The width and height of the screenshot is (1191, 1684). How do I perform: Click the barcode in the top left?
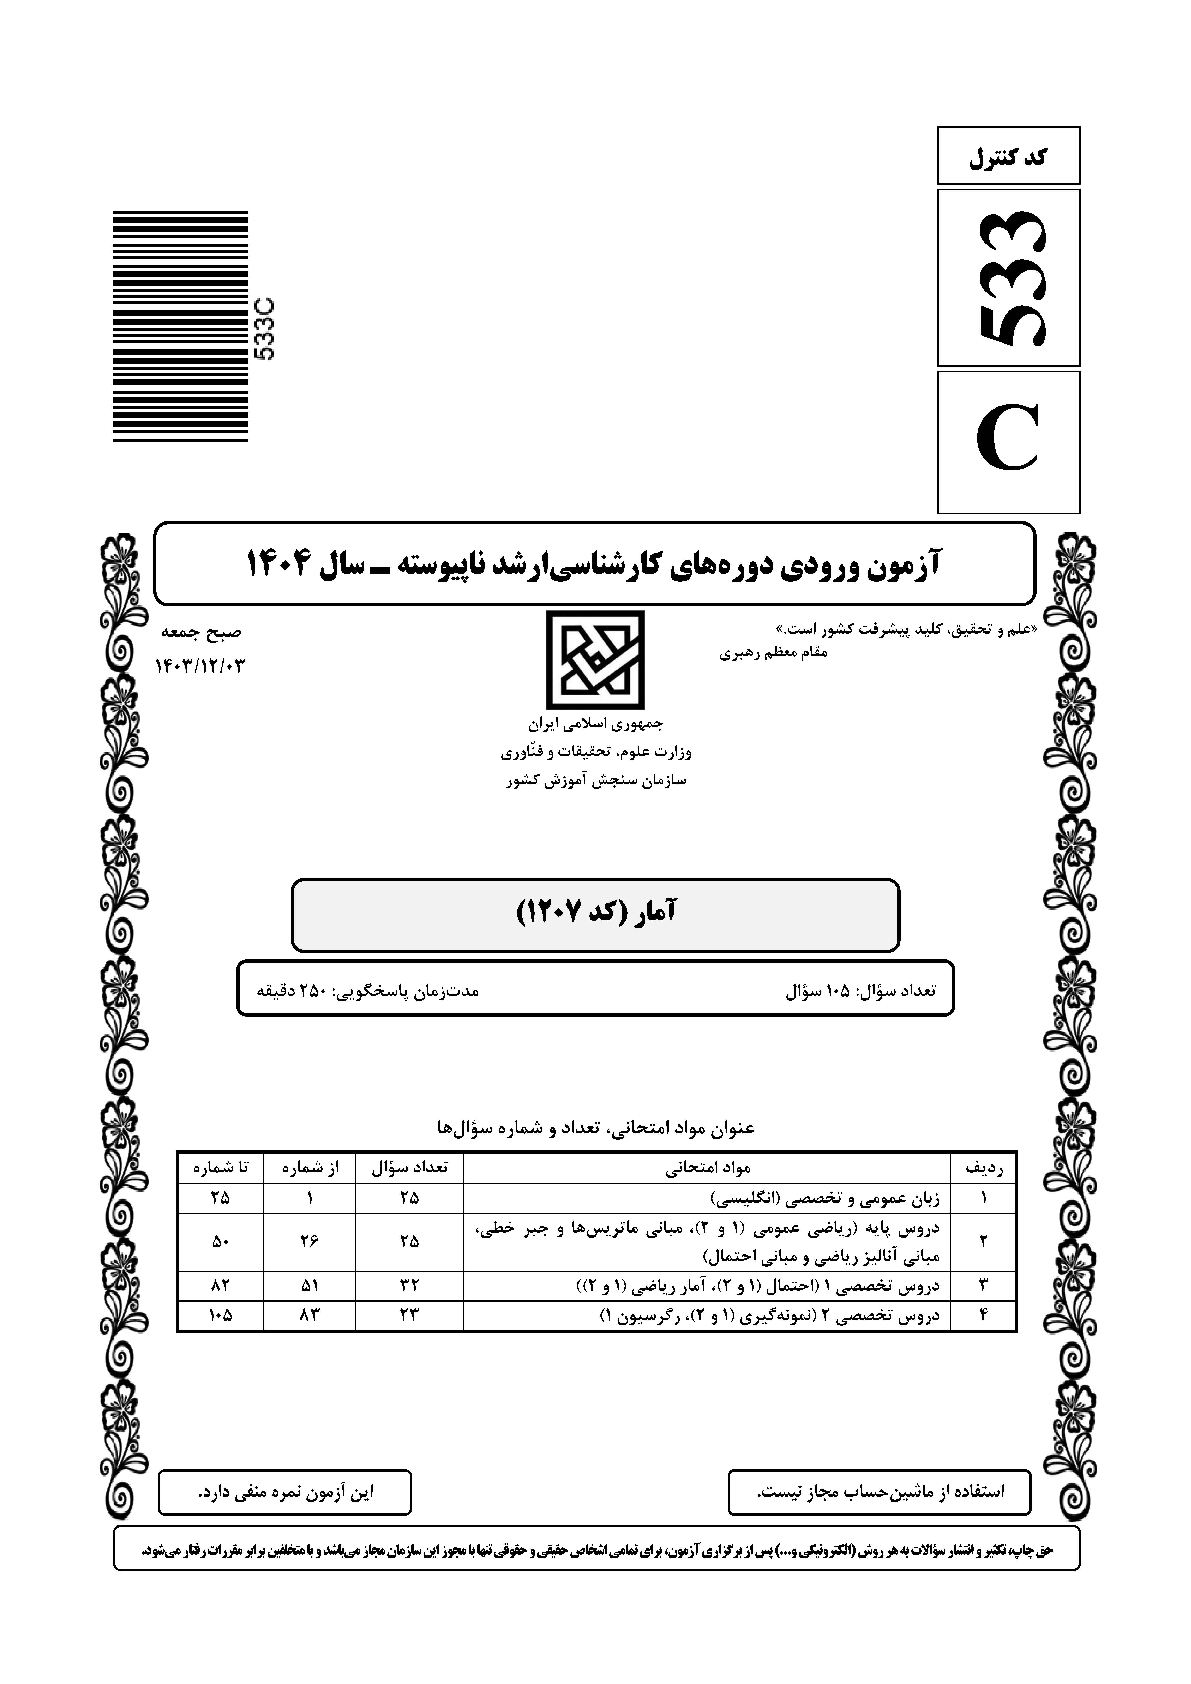180,327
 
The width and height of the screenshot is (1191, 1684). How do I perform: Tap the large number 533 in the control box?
1009,278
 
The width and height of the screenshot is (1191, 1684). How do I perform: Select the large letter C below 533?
1009,442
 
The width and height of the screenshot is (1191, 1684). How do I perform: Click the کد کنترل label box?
1008,156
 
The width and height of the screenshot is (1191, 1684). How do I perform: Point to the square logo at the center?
594,660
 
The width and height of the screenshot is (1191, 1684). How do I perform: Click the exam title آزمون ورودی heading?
594,563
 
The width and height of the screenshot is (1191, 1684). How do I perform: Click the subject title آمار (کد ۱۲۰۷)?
595,913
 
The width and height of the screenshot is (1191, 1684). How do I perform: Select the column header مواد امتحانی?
708,1166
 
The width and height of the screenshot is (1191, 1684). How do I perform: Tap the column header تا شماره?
220,1166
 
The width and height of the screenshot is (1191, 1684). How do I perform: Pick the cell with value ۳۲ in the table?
409,1285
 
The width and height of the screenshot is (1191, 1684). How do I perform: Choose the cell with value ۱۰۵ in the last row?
220,1316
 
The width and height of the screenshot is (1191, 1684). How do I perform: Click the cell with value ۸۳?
309,1316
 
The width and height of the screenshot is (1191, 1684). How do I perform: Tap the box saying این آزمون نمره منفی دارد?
284,1492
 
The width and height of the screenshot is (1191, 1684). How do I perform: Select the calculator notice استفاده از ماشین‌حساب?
879,1492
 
